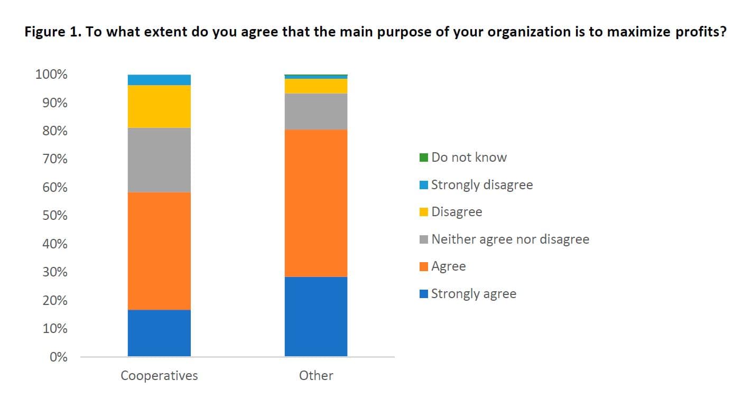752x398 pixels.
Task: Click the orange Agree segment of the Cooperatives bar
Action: [159, 251]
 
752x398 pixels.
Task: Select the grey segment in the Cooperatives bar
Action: [159, 160]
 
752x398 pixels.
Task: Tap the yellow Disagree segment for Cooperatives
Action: [159, 106]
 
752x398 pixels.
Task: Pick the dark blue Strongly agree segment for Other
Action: [316, 316]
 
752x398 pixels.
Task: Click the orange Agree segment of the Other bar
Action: [316, 203]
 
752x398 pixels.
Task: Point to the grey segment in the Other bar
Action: [316, 112]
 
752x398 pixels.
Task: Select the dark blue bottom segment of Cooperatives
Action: [159, 333]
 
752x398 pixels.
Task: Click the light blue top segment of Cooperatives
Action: [159, 80]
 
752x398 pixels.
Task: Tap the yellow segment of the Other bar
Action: [316, 86]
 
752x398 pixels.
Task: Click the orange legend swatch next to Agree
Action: [424, 266]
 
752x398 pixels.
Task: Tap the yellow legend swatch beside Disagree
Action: [424, 212]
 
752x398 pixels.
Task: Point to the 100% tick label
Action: [51, 75]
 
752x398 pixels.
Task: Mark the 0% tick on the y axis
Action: [58, 357]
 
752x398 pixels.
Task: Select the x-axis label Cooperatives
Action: [159, 376]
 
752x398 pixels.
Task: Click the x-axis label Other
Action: [316, 376]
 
